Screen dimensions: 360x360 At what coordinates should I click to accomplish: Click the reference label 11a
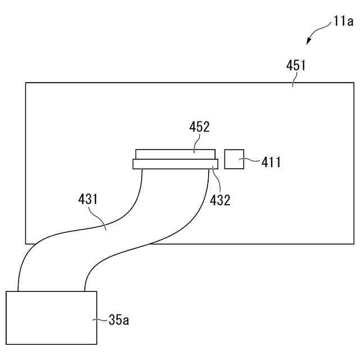(343, 22)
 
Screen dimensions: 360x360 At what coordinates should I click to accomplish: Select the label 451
(296, 65)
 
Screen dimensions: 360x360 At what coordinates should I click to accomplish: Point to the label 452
(199, 127)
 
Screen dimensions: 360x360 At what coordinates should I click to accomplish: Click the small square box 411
(234, 159)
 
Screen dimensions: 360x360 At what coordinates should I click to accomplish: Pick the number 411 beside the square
(271, 163)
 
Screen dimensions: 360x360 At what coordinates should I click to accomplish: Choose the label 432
(220, 200)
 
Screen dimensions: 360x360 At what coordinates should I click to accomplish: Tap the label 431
(88, 199)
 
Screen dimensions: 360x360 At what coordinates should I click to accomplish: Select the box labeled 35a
(51, 317)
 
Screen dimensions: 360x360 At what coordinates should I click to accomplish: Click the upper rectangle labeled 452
(175, 154)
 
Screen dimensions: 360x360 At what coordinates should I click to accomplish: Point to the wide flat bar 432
(175, 164)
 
